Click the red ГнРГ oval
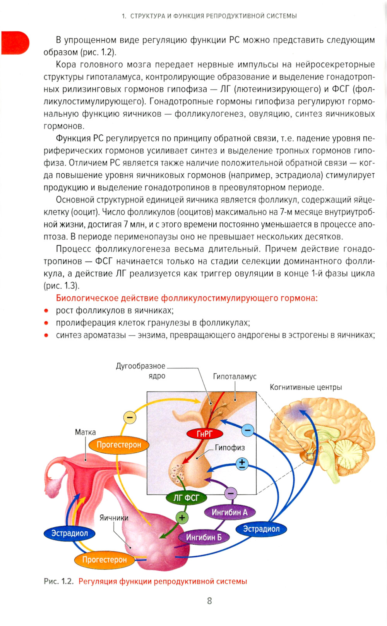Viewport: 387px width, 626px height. click(x=205, y=433)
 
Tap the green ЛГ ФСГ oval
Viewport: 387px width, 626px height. click(x=186, y=498)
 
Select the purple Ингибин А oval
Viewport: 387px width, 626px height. click(x=229, y=512)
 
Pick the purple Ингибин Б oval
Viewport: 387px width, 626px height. click(x=204, y=537)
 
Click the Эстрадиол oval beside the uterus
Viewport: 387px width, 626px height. click(x=70, y=533)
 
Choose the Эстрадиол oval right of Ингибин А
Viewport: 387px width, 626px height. click(x=261, y=529)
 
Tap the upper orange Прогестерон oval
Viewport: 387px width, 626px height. click(x=119, y=445)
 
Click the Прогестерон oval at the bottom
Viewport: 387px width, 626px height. click(x=104, y=560)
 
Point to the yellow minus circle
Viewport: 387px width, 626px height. click(x=130, y=418)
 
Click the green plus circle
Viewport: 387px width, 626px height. click(x=182, y=518)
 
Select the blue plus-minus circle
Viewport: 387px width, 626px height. click(x=242, y=464)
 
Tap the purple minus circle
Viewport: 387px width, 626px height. click(x=231, y=494)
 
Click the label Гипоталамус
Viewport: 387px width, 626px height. click(x=235, y=377)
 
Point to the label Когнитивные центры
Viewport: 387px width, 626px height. click(x=306, y=387)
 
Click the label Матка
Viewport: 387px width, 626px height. click(x=85, y=432)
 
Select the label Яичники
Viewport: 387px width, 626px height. click(x=114, y=518)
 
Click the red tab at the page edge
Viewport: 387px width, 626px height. click(x=15, y=43)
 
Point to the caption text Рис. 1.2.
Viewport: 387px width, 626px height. click(x=59, y=581)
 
